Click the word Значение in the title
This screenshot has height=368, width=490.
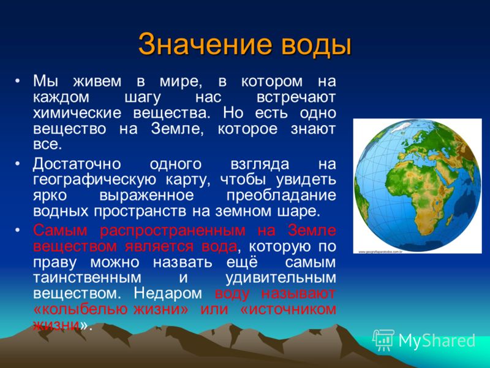pyautogui.click(x=204, y=44)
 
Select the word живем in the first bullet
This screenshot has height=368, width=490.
pyautogui.click(x=97, y=81)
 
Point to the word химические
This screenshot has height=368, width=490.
pyautogui.click(x=77, y=113)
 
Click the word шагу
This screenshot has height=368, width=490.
pyautogui.click(x=143, y=98)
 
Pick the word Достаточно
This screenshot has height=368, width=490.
pyautogui.click(x=77, y=164)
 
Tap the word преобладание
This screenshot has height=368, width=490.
pyautogui.click(x=281, y=196)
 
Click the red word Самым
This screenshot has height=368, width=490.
pyautogui.click(x=60, y=231)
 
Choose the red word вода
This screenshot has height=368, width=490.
pyautogui.click(x=219, y=247)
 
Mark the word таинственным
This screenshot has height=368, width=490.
pyautogui.click(x=87, y=278)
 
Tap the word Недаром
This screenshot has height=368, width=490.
pyautogui.click(x=168, y=294)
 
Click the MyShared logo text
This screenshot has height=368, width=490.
pyautogui.click(x=437, y=341)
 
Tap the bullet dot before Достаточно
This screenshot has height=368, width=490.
pyautogui.click(x=18, y=163)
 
